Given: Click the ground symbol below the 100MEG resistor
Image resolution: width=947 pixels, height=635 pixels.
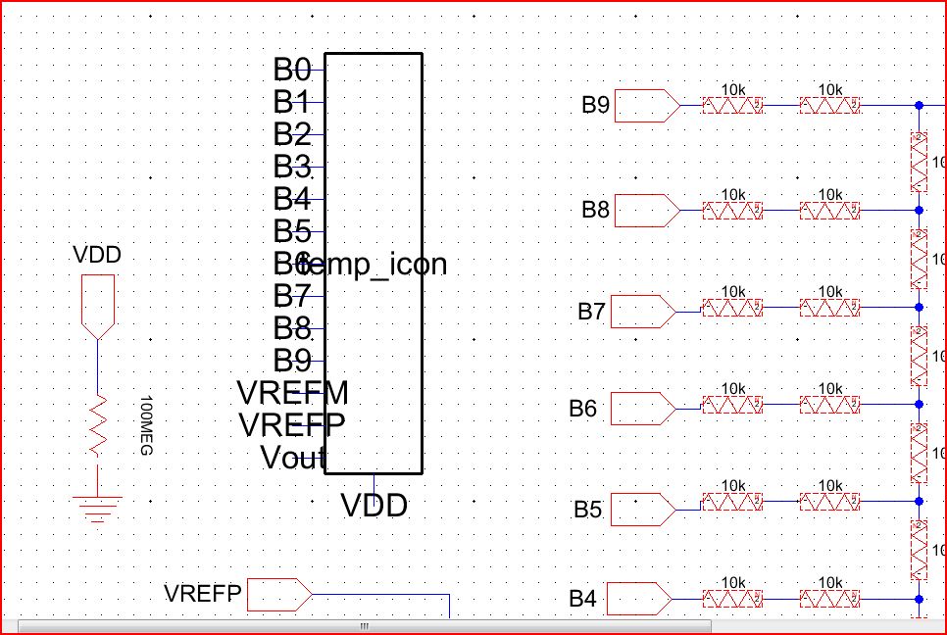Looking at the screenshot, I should coord(98,505).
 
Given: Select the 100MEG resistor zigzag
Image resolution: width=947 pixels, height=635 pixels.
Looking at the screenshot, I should coord(98,424).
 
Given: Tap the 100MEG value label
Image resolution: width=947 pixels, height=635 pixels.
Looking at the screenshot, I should coord(147,427).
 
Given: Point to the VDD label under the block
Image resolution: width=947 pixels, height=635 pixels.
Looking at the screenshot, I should coord(374,506).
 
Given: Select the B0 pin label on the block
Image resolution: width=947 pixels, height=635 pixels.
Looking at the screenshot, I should coord(291,70).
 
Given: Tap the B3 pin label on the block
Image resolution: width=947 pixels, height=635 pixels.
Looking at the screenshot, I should coord(291,167).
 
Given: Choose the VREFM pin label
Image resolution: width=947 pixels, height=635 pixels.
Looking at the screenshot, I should coord(292,393).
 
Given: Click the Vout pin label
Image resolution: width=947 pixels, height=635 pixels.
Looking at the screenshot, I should coord(292,458).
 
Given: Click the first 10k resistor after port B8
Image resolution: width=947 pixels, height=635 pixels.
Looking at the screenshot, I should coord(732,210).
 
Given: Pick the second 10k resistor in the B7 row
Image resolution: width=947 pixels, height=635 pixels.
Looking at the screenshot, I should coord(829,308).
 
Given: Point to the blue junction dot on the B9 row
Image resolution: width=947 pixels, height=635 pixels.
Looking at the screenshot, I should coord(919,105).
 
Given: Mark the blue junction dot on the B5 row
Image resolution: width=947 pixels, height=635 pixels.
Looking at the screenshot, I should coord(919,502).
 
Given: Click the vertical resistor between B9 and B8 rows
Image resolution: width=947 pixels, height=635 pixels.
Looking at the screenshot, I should coord(920,161).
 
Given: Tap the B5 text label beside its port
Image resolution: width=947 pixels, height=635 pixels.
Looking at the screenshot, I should coord(587,510).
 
